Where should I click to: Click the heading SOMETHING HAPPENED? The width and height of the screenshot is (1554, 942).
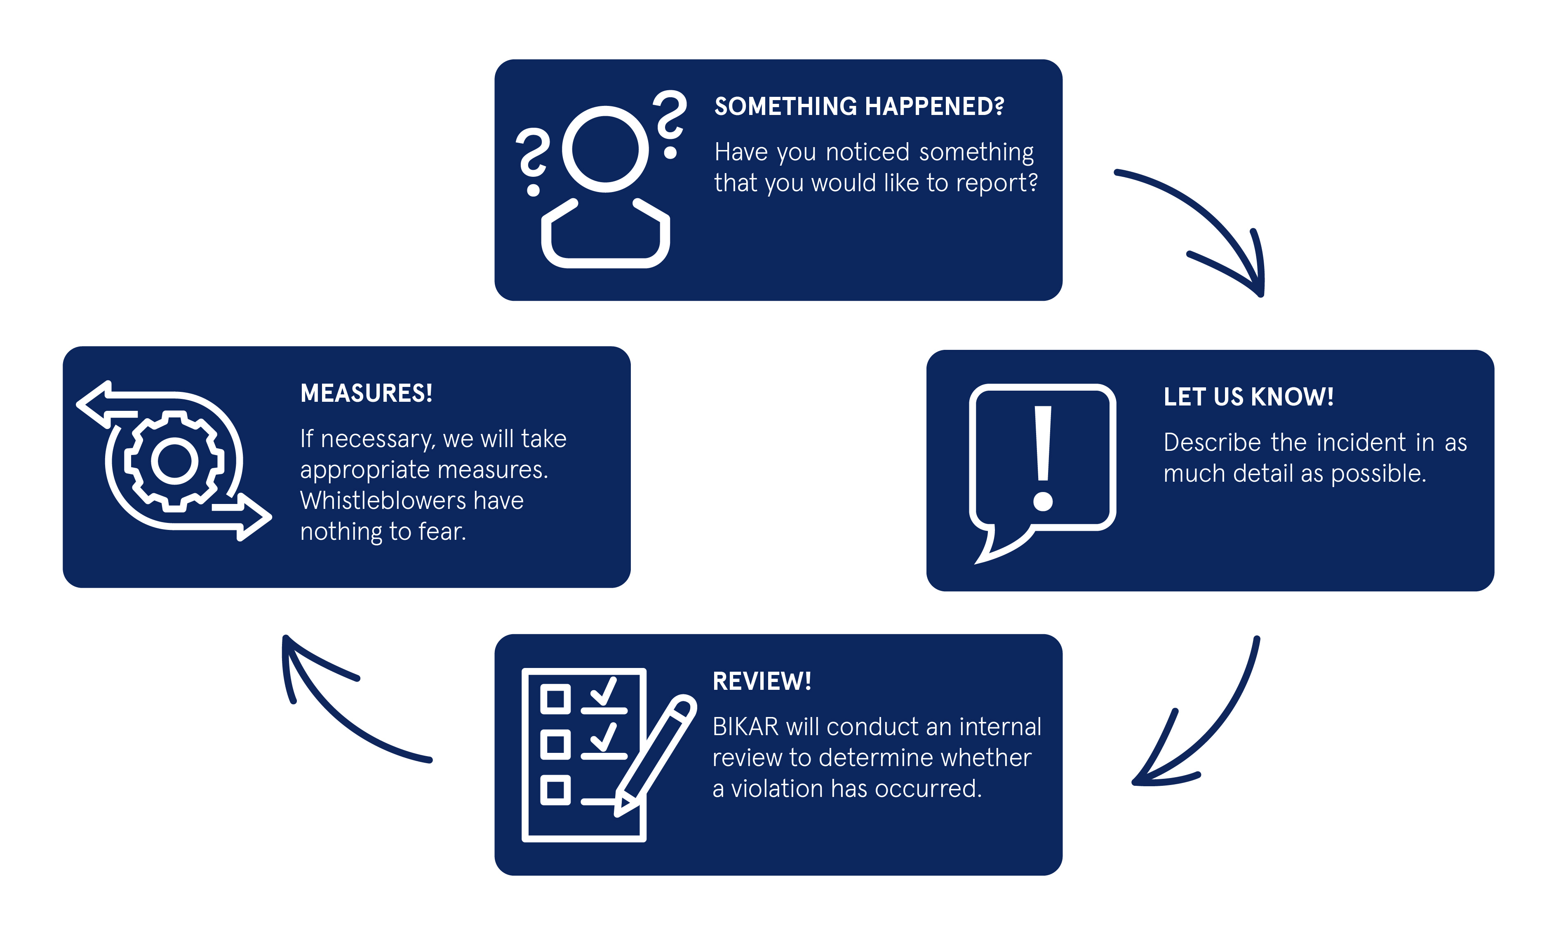(858, 107)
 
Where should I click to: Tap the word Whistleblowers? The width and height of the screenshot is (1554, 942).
(383, 501)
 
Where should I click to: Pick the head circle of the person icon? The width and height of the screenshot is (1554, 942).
(605, 150)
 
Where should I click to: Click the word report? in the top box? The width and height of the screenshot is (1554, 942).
(997, 183)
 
